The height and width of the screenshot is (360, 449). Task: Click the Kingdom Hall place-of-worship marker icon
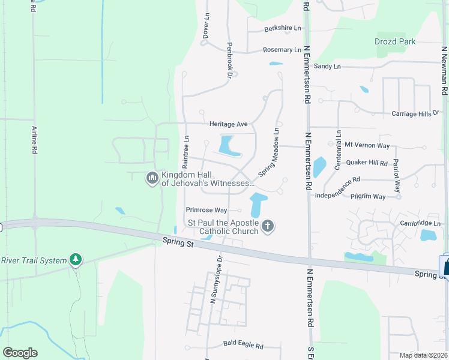152,178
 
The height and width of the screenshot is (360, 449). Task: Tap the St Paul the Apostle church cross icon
268,226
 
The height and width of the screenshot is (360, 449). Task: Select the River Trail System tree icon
76,260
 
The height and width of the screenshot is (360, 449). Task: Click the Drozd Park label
394,41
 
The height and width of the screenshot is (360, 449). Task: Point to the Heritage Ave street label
228,124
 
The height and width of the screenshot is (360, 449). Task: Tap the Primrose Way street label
206,210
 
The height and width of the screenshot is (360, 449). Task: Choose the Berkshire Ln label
283,29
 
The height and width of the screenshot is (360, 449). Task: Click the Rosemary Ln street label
282,50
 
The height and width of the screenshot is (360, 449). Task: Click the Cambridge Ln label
421,223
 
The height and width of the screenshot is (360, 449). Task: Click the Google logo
20,353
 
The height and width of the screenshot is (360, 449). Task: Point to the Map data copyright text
423,355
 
